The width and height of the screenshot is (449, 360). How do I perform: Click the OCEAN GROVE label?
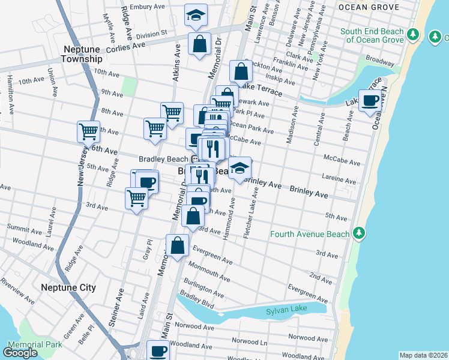tap(368, 7)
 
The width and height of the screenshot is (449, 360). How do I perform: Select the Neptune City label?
tap(68, 288)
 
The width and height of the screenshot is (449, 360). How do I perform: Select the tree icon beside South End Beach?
tap(412, 35)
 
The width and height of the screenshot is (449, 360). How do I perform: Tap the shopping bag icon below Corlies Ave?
tap(199, 44)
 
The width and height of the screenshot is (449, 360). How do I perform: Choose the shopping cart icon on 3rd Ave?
tap(137, 198)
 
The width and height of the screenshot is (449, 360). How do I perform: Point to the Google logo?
tap(20, 353)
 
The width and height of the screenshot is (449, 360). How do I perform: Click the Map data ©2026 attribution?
tap(423, 355)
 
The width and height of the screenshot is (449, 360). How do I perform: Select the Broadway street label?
tap(379, 62)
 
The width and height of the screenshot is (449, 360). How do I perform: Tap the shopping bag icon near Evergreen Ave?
tap(178, 245)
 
